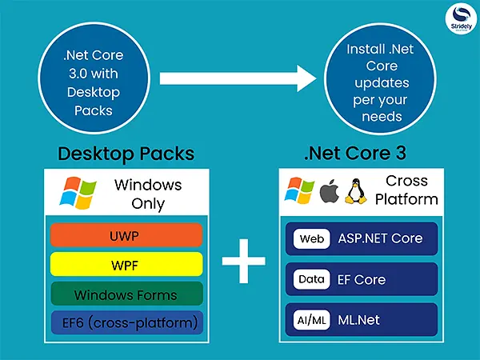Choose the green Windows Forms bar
[x=126, y=294]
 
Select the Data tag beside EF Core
[x=310, y=279]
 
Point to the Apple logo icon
[x=327, y=192]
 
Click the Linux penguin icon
[x=354, y=192]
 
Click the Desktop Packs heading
[x=126, y=154]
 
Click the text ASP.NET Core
[x=380, y=238]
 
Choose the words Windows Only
[x=148, y=194]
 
